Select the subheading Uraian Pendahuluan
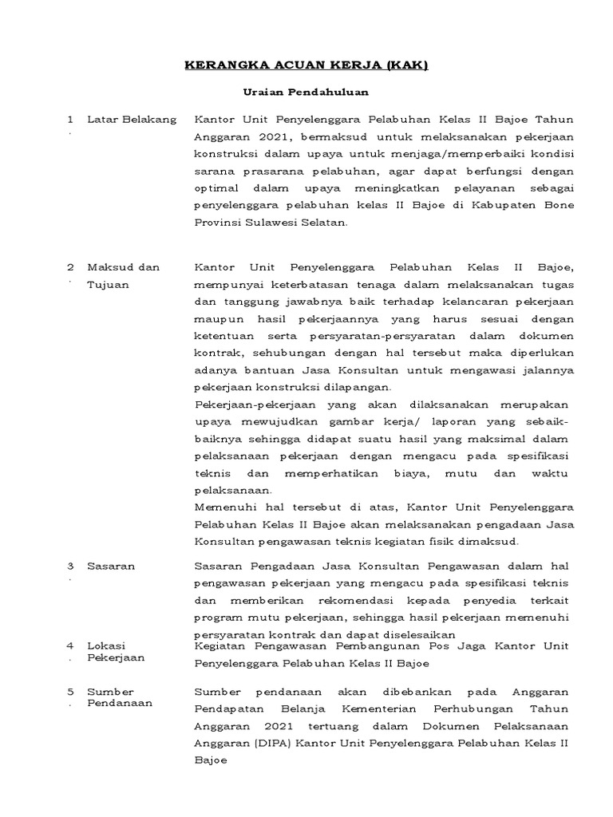(306, 93)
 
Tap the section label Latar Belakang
(131, 120)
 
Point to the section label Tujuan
(107, 286)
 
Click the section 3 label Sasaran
(110, 566)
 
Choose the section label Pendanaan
(119, 703)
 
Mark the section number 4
(70, 645)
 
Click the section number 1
(70, 120)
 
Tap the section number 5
(70, 692)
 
